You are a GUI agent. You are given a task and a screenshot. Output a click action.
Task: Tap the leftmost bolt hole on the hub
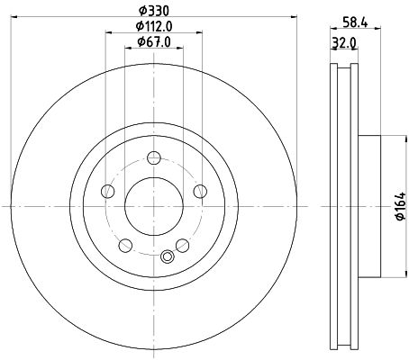coord(108,190)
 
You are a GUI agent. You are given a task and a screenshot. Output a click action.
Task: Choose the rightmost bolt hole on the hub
coord(197,190)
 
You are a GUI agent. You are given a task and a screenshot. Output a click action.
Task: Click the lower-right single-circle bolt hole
coord(181,244)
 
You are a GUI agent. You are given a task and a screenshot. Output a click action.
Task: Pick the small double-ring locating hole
coord(166,258)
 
